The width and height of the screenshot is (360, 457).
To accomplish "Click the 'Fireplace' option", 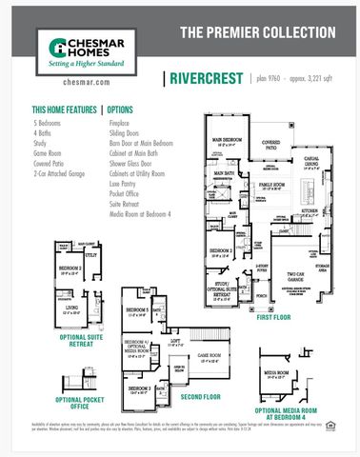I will click(x=121, y=124).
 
